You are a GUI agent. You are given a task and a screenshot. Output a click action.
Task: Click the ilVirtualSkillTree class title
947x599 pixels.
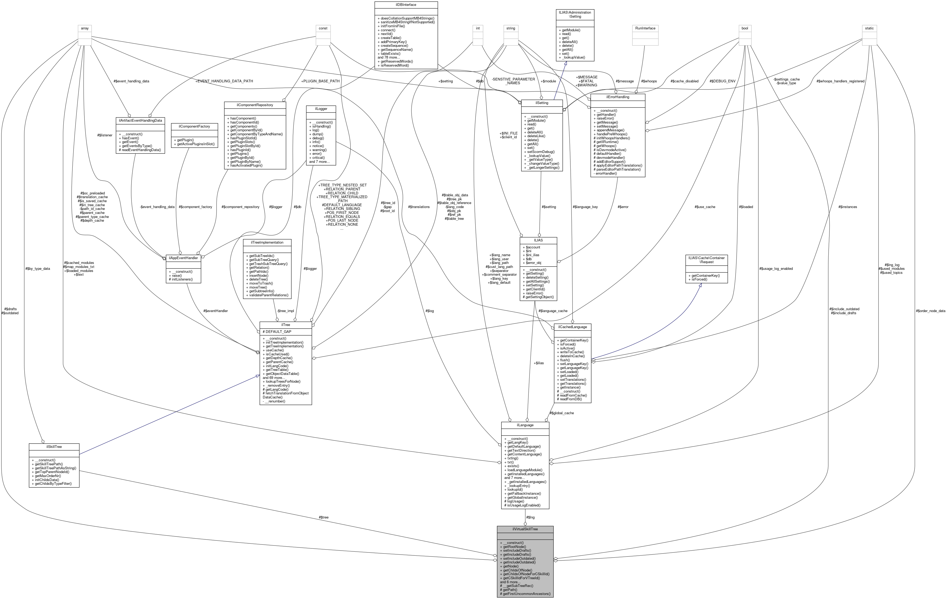(x=525, y=529)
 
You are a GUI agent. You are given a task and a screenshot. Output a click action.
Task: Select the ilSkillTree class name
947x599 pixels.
(x=54, y=447)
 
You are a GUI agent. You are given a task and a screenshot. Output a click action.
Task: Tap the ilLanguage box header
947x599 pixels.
(x=525, y=425)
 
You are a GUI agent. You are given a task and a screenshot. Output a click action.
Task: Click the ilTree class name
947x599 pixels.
(x=285, y=325)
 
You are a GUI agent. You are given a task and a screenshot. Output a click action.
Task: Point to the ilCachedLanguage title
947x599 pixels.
(x=572, y=327)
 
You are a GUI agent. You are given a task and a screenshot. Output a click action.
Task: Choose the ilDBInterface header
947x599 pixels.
(x=406, y=5)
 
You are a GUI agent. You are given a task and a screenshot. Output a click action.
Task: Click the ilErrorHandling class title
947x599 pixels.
(x=617, y=97)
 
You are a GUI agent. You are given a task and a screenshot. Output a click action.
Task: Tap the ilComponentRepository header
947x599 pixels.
(x=254, y=105)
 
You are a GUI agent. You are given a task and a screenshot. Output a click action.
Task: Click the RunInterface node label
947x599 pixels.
(x=645, y=28)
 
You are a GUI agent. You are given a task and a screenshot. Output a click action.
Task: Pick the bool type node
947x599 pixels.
(x=744, y=28)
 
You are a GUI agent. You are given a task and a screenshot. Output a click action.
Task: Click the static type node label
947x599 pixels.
(x=869, y=28)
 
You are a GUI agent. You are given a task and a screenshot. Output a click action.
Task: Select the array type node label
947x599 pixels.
(x=84, y=28)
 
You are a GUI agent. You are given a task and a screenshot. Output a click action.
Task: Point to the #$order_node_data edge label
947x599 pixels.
(x=930, y=311)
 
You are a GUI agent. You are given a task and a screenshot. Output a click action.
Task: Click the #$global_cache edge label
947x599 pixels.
(x=562, y=413)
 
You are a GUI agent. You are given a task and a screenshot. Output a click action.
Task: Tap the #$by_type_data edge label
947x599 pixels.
(x=37, y=269)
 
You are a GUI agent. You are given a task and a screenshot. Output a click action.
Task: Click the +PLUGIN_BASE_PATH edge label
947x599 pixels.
(x=320, y=81)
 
